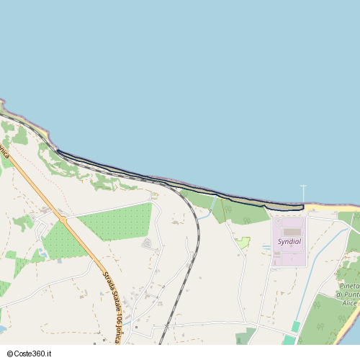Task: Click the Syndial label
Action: tap(289, 242)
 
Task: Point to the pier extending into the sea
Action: tap(303, 194)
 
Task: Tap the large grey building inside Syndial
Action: tap(291, 232)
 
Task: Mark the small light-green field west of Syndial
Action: tap(243, 243)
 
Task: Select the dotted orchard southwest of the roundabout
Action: tap(62, 243)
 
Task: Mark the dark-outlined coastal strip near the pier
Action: tap(281, 207)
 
